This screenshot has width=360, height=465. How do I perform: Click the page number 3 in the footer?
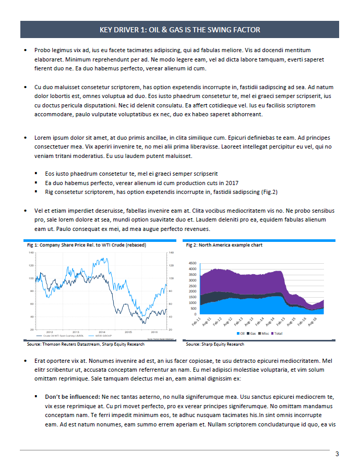(x=338, y=453)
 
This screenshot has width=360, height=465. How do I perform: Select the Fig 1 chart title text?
(x=86, y=245)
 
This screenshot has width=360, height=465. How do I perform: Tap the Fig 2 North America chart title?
(x=224, y=245)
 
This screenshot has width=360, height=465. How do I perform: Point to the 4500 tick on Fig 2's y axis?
(x=192, y=263)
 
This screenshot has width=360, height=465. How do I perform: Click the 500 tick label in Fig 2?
(x=194, y=309)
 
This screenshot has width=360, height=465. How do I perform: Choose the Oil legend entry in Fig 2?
(x=242, y=333)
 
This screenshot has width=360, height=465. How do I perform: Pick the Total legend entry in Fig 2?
(x=278, y=333)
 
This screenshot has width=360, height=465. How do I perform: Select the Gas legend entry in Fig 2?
(x=253, y=333)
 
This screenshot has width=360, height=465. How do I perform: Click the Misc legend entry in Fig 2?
(x=265, y=333)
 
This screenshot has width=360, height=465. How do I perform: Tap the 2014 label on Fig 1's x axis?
(x=102, y=332)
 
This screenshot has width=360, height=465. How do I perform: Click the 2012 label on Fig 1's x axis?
(x=50, y=332)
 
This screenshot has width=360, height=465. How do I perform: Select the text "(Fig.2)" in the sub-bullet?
(x=269, y=192)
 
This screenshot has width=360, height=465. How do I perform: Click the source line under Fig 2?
(x=215, y=345)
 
